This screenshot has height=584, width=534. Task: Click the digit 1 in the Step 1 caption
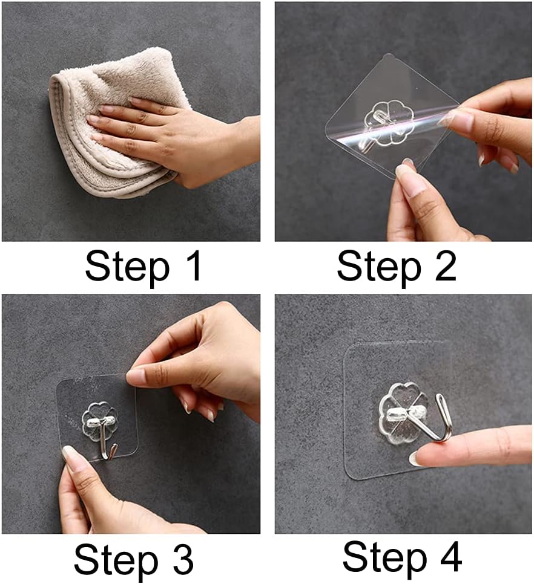[194, 266]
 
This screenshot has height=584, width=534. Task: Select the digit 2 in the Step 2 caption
[445, 266]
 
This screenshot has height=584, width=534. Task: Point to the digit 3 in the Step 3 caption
[183, 559]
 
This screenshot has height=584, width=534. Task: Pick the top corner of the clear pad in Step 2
[388, 54]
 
